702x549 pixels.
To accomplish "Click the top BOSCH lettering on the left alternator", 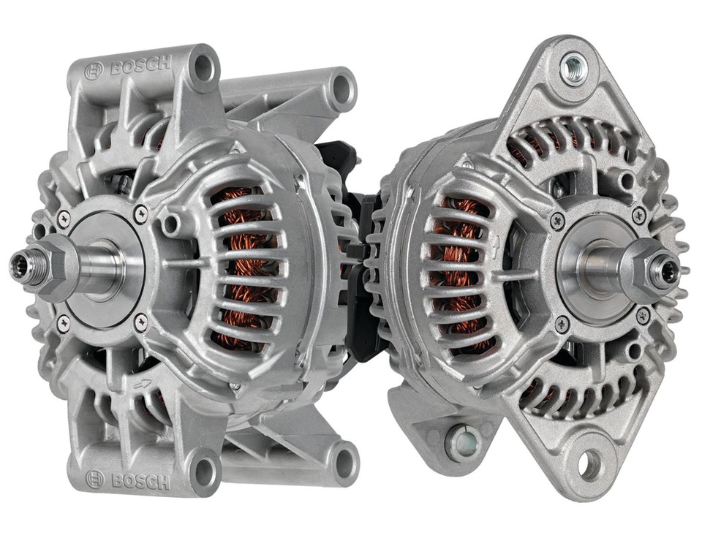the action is click(x=140, y=66).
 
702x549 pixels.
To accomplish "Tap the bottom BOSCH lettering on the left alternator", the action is click(x=140, y=481).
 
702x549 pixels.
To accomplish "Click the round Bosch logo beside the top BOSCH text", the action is click(x=94, y=71).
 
